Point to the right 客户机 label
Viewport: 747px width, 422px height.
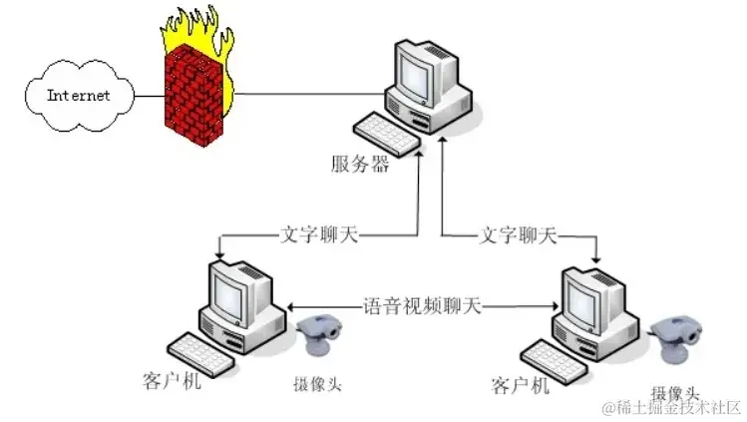tap(521, 385)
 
